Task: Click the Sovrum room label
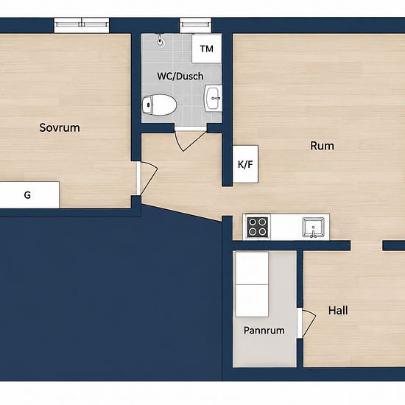60,128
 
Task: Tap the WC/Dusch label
180,76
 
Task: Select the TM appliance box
207,49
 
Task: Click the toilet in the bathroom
159,105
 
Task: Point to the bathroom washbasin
213,98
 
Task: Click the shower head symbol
161,40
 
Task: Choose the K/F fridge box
245,164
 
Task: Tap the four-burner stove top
257,227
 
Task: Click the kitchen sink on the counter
313,228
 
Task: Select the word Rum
322,146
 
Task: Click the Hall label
338,311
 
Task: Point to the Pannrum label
264,331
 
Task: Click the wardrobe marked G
29,194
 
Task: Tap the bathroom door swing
191,141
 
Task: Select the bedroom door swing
149,178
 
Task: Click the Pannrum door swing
309,323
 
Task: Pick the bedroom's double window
82,25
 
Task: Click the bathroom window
196,25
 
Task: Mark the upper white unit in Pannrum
252,268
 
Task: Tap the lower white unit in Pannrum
252,301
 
